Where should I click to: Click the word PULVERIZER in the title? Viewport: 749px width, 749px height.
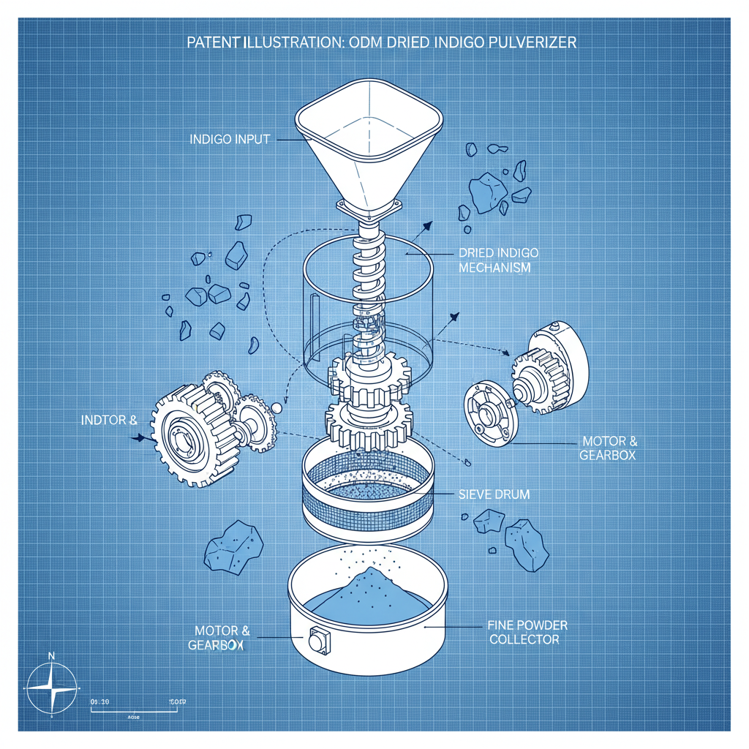(x=532, y=42)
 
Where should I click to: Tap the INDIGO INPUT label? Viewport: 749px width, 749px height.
(x=230, y=139)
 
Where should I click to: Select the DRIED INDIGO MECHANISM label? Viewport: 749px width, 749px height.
(x=498, y=260)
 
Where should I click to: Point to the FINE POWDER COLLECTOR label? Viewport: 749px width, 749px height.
(x=527, y=632)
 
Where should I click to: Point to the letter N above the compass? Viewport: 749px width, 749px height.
(x=50, y=656)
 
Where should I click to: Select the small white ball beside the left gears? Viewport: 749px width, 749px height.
(x=276, y=406)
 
